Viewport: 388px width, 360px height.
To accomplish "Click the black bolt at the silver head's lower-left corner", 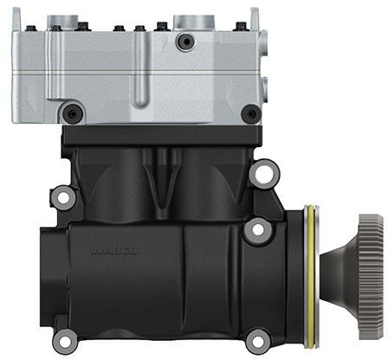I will (74, 112).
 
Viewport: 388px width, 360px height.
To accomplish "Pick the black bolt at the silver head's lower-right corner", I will (250, 112).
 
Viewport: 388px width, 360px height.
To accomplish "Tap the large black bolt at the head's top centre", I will (183, 42).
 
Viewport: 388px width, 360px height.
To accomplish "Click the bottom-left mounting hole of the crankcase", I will (63, 339).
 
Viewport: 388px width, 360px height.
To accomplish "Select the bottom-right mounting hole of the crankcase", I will (256, 339).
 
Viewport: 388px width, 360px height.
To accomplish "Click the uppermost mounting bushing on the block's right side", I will (262, 173).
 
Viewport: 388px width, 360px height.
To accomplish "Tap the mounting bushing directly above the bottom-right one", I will (256, 230).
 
